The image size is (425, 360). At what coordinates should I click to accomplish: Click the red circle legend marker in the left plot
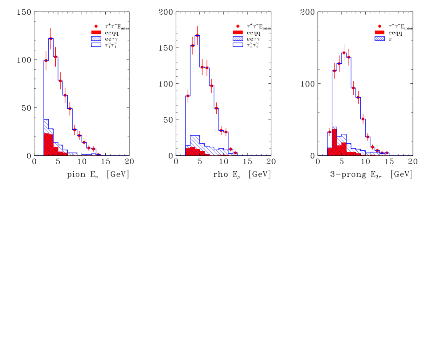click(x=96, y=26)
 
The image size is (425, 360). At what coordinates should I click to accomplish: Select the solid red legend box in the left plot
click(x=96, y=33)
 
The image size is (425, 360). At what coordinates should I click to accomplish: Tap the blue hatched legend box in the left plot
click(x=96, y=39)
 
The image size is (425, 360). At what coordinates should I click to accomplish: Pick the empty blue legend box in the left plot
click(x=96, y=45)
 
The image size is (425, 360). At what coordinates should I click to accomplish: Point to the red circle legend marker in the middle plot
click(x=238, y=26)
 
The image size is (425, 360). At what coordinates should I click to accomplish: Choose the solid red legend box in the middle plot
click(x=238, y=33)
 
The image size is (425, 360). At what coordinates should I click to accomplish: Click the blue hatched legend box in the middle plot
click(x=238, y=39)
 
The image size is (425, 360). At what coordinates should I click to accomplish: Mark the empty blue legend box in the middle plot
click(x=238, y=45)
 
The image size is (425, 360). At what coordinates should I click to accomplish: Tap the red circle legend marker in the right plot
click(x=380, y=26)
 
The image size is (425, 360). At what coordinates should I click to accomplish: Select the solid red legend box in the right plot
click(x=380, y=33)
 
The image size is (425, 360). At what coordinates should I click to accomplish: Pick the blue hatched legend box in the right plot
click(x=380, y=39)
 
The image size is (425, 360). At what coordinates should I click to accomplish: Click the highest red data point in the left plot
click(x=51, y=39)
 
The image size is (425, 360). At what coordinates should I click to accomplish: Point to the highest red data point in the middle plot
click(x=197, y=35)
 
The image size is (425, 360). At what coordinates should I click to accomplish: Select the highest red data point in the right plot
click(x=344, y=53)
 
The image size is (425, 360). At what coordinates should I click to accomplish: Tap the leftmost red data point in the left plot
click(x=46, y=61)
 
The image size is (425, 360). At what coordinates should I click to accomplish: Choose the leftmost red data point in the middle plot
click(x=188, y=96)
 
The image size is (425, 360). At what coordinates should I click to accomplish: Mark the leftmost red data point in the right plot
click(x=330, y=132)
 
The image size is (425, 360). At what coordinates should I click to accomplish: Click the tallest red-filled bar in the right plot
click(x=334, y=142)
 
